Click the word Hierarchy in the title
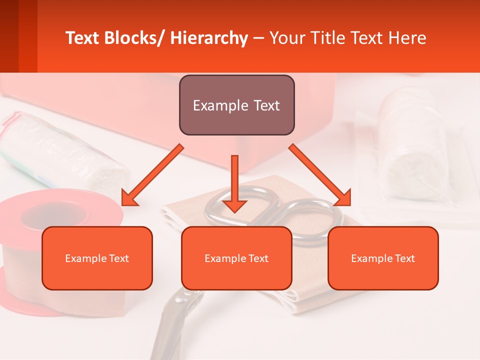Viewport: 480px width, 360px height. (209, 38)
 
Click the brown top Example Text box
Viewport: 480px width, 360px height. (236, 105)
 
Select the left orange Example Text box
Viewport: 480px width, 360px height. (97, 258)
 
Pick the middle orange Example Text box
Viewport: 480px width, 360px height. (236, 258)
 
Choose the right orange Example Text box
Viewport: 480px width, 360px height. (383, 258)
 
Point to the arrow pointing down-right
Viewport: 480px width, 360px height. (320, 175)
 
